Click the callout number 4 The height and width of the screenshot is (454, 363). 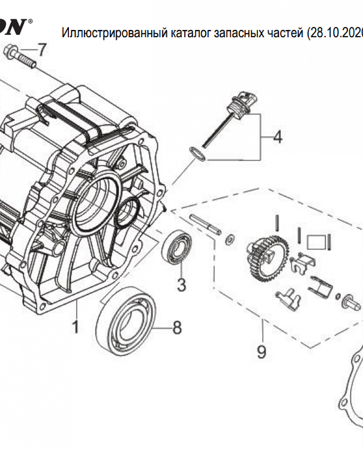[277, 137]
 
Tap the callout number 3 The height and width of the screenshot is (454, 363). [181, 285]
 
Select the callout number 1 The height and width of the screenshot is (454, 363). [75, 326]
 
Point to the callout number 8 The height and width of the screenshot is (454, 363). [176, 327]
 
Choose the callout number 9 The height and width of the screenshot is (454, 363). [261, 351]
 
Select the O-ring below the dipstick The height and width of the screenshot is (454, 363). [198, 154]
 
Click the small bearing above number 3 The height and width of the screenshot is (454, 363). [178, 247]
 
